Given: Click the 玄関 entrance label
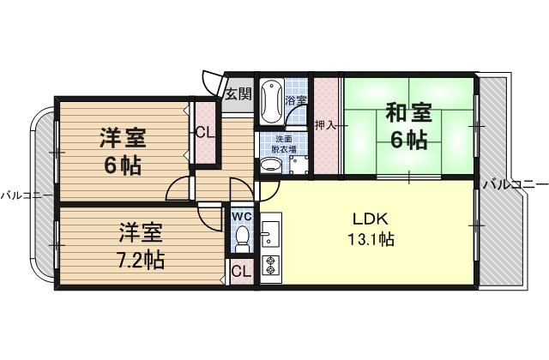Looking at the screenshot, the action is pos(238,93).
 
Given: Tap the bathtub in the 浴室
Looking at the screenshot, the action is pos(272,101).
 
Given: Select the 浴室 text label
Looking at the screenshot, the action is pos(295,101).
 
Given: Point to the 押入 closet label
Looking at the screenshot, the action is pos(325,125).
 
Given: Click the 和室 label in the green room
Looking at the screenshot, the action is pos(408,112).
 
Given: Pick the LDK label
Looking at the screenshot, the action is pos(370,219).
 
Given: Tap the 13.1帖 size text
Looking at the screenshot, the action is pos(371,239).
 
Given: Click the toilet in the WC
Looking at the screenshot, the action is pos(242,238).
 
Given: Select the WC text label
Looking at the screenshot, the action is pos(242,217).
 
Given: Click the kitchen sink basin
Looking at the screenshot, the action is pos(270,234).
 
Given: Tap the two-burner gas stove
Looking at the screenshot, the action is pos(270,265).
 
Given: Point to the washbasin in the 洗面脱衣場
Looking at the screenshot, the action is pos(271,165).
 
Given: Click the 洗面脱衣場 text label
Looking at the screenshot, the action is pos(284,144).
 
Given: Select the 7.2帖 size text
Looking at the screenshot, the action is pos(141,259).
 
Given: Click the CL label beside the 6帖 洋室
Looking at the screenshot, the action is pos(205,133).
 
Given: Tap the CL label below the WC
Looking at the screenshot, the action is pos(242,271).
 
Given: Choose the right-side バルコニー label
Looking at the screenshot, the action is pos(516,183).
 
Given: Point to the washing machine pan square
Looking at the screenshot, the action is pos(299,165).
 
